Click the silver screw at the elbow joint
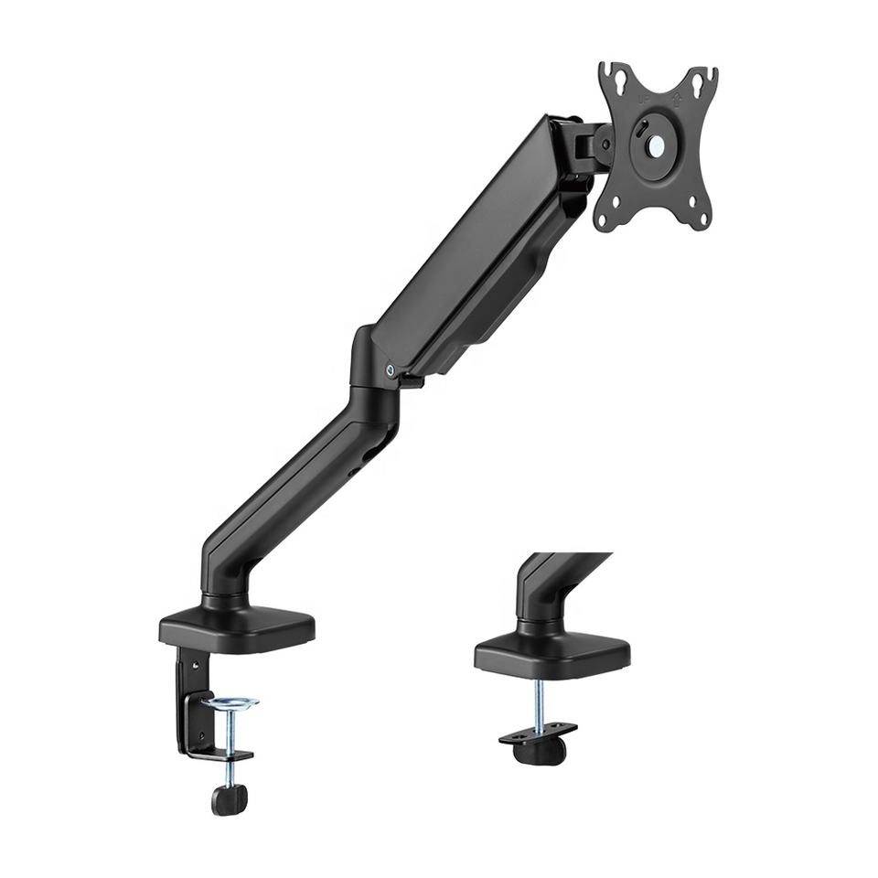point(391,370)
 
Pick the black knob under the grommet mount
point(539,749)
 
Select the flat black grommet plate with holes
point(539,732)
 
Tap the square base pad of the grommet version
point(552,652)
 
